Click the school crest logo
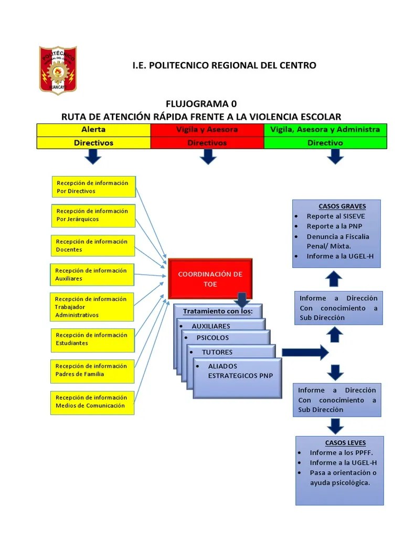(58, 70)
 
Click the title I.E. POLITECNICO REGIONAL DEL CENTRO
(224, 65)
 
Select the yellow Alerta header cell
(93, 129)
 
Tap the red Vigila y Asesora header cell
(207, 129)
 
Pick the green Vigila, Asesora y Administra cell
(325, 129)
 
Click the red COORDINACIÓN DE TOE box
(210, 279)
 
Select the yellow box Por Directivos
(93, 187)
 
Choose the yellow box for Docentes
(92, 245)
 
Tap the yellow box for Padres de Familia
(92, 370)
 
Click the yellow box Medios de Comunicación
(92, 401)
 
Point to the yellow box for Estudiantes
(92, 339)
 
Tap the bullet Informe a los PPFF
(337, 452)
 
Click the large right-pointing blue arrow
(305, 352)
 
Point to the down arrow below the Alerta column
(93, 156)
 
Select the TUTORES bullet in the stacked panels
(217, 352)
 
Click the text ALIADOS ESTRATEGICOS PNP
(233, 371)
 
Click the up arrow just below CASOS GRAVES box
(335, 278)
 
